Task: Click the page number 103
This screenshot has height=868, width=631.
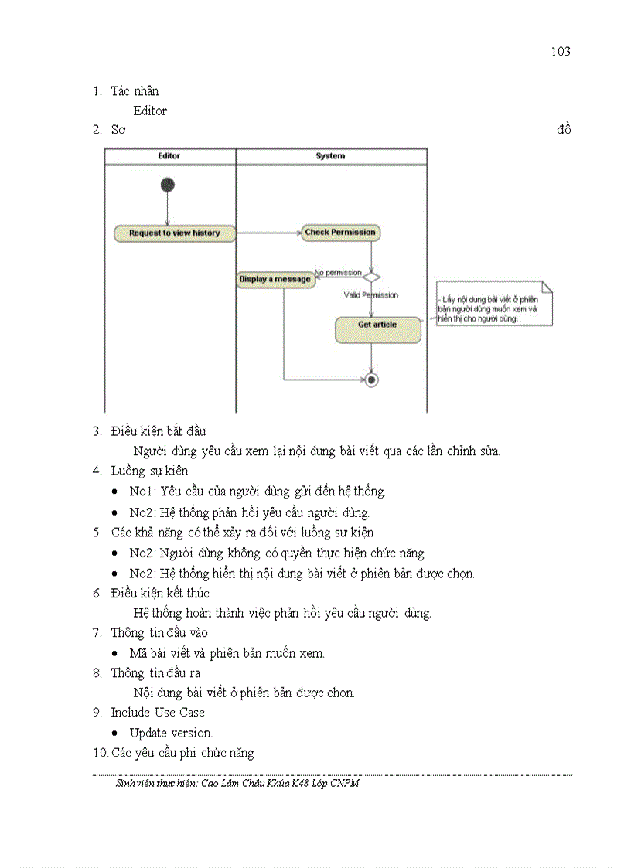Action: coord(561,52)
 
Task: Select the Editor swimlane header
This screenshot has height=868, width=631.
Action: coord(169,156)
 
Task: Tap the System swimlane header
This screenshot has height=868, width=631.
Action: coord(330,156)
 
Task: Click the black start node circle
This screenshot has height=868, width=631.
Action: coord(167,185)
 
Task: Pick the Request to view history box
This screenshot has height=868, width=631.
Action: coord(175,233)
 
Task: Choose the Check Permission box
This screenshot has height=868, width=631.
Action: coord(340,232)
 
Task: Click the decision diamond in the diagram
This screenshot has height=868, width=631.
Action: coord(372,275)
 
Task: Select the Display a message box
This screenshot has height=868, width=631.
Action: coord(275,279)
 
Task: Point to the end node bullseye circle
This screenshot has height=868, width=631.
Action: coord(372,380)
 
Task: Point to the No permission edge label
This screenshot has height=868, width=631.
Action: coord(338,273)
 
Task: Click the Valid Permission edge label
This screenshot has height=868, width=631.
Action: coord(371,295)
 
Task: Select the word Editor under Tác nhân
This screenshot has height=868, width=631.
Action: coord(150,111)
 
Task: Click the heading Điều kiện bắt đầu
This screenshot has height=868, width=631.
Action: coord(158,431)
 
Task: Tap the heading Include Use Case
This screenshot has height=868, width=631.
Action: coord(158,712)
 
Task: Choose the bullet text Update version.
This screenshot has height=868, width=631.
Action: coord(171,733)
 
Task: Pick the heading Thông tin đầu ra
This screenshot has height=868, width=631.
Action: coord(155,672)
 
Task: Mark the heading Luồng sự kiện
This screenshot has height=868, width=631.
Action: coord(149,471)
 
